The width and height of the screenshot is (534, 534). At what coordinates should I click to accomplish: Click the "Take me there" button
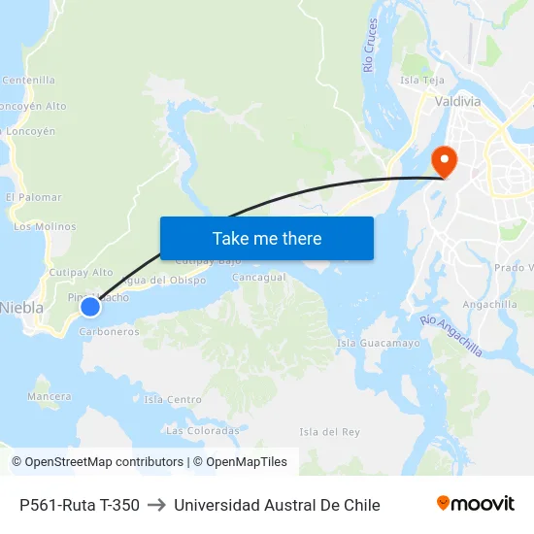(x=267, y=238)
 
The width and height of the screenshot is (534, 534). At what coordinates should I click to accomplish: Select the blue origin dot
(x=89, y=307)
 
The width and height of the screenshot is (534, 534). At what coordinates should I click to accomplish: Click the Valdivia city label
(x=458, y=101)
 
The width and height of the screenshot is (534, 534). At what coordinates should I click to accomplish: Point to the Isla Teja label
(x=421, y=81)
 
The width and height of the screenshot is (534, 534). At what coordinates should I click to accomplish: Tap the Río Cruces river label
(x=370, y=46)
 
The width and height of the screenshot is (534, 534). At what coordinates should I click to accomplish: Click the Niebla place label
(x=21, y=307)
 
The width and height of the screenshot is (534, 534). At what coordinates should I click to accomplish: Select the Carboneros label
(x=109, y=331)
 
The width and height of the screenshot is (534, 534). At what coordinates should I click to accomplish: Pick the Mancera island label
(x=50, y=396)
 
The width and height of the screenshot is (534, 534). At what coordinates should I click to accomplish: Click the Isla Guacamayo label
(x=378, y=343)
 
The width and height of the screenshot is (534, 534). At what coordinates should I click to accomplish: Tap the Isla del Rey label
(x=329, y=431)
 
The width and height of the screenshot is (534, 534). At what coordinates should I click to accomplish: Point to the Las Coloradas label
(x=202, y=430)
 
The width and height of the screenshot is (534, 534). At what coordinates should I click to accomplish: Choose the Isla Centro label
(x=173, y=399)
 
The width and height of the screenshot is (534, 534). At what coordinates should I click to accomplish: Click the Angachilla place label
(x=490, y=304)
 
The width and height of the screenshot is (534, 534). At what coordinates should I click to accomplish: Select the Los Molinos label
(x=45, y=226)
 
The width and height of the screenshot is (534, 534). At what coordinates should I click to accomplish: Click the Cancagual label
(x=259, y=277)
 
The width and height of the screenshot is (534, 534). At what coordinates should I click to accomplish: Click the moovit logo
(x=475, y=504)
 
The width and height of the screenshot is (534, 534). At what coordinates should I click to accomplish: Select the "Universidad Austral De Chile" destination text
(x=277, y=505)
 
